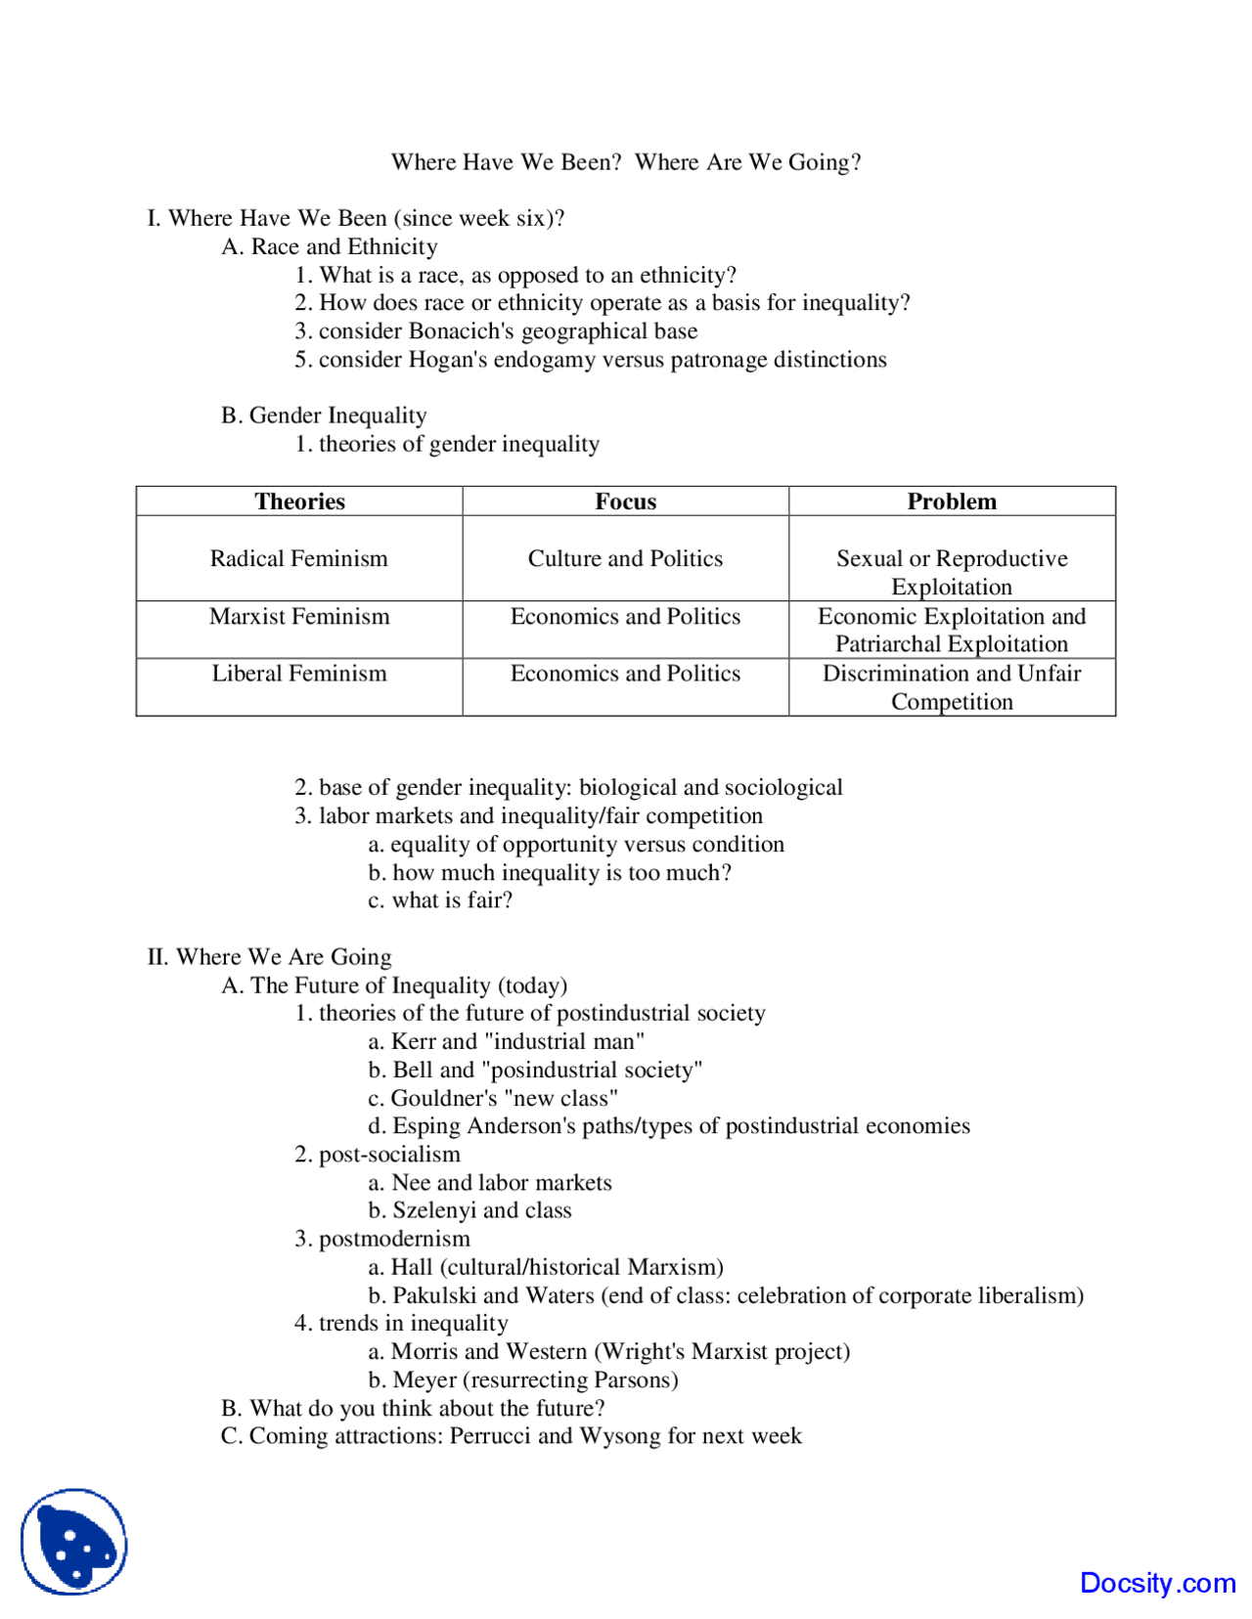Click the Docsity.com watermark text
click(x=1157, y=1582)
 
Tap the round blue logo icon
click(x=74, y=1542)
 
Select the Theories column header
click(x=299, y=502)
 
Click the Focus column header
click(x=625, y=502)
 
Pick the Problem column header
click(x=951, y=502)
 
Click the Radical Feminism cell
click(x=298, y=558)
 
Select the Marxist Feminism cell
click(x=299, y=616)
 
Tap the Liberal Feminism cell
click(x=299, y=674)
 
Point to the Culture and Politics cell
click(x=625, y=558)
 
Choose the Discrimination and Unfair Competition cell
click(x=951, y=687)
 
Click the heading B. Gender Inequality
click(x=324, y=416)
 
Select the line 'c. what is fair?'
click(x=440, y=900)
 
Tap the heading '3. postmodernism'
click(x=382, y=1239)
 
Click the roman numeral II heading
click(x=269, y=957)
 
